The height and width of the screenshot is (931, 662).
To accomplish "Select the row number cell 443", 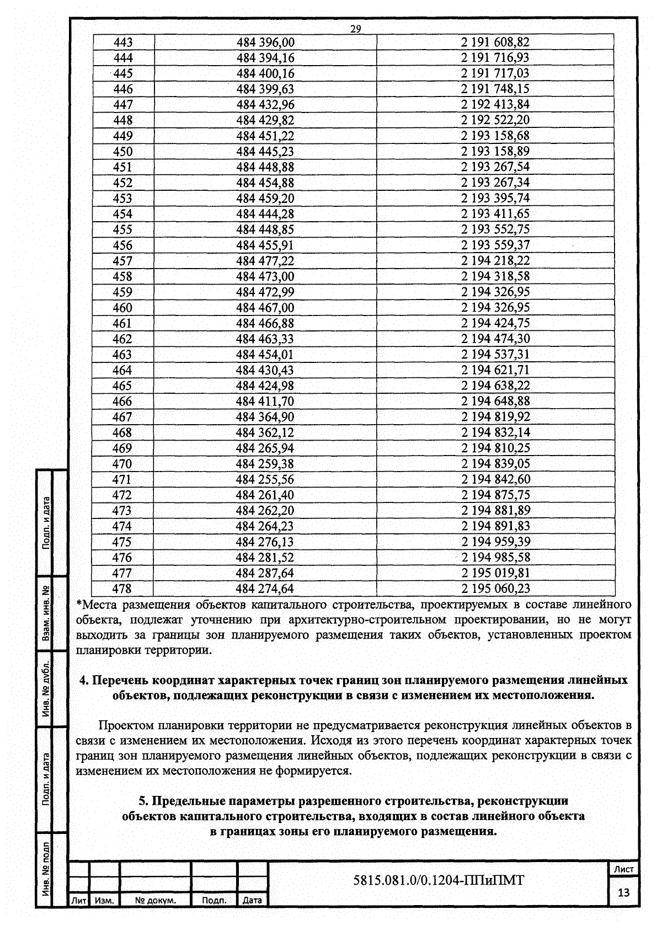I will point(123,42).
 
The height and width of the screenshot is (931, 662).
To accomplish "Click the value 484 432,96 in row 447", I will point(265,105).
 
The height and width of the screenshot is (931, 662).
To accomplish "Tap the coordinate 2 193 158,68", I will point(495,136).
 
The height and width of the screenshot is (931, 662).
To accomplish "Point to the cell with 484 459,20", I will point(265,198).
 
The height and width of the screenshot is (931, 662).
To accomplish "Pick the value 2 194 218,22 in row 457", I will point(495,260).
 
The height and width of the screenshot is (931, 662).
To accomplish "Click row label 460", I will point(123,307).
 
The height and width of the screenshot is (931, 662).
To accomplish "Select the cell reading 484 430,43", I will point(265,370).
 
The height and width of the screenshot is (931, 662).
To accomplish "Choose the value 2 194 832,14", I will point(495,432).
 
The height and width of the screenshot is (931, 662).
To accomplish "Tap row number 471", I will point(122,479).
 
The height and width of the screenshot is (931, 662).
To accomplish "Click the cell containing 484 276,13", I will point(265,541).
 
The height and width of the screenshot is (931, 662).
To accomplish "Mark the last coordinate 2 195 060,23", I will point(495,588).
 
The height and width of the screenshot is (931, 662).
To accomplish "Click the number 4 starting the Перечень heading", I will point(83,680).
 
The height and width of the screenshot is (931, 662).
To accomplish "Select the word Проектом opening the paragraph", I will point(125,725).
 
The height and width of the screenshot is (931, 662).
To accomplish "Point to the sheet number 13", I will point(624,892).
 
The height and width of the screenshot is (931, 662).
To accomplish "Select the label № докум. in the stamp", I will point(156,901).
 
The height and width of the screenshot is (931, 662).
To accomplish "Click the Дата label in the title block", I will point(252,901).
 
